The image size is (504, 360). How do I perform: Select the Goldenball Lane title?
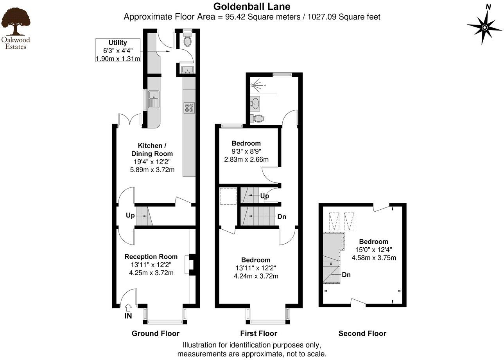pyautogui.click(x=252, y=7)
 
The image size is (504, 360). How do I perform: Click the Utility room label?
pyautogui.click(x=118, y=43)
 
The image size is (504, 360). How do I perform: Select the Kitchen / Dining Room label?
pyautogui.click(x=152, y=149)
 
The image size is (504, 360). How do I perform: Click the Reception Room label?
pyautogui.click(x=151, y=257)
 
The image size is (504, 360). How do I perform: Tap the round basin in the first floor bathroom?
pyautogui.click(x=255, y=104)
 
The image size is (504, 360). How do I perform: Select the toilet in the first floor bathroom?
pyautogui.click(x=257, y=118)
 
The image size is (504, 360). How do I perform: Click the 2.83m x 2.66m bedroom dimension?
pyautogui.click(x=246, y=159)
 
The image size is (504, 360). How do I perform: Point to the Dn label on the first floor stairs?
pyautogui.click(x=282, y=216)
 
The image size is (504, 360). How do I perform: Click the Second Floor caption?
pyautogui.click(x=362, y=333)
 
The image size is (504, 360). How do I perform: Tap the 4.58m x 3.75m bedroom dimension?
pyautogui.click(x=374, y=257)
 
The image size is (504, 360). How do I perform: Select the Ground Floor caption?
pyautogui.click(x=155, y=333)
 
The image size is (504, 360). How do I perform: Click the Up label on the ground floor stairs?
pyautogui.click(x=130, y=215)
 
